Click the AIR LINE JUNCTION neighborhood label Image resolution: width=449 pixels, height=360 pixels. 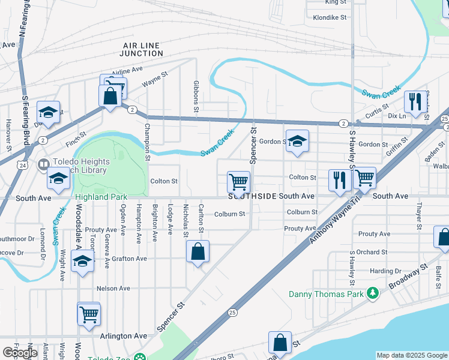click(x=142, y=49)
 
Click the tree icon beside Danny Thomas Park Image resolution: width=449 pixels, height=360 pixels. click(x=373, y=293)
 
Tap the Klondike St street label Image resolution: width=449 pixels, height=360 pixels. click(x=330, y=17)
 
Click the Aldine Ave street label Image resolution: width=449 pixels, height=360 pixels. click(x=127, y=70)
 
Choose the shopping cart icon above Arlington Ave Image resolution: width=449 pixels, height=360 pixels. click(x=89, y=313)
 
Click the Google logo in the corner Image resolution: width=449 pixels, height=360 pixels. click(x=20, y=353)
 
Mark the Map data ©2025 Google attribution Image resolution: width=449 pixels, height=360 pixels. click(x=411, y=355)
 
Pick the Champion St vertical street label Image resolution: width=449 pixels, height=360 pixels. click(x=146, y=143)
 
